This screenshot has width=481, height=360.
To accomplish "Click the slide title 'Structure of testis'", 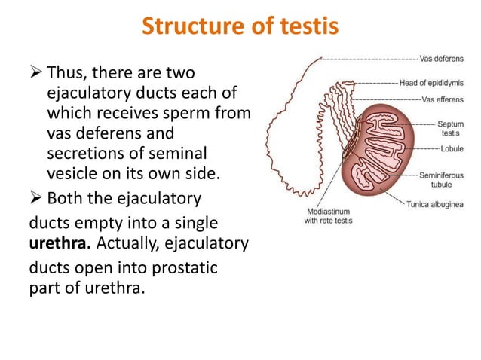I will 240,27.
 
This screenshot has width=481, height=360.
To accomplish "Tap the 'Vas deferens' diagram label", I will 444,58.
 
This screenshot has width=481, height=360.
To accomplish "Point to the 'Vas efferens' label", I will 444,99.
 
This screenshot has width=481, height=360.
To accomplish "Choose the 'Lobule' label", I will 452,149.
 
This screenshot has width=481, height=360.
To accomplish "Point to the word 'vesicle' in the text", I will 72,172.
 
